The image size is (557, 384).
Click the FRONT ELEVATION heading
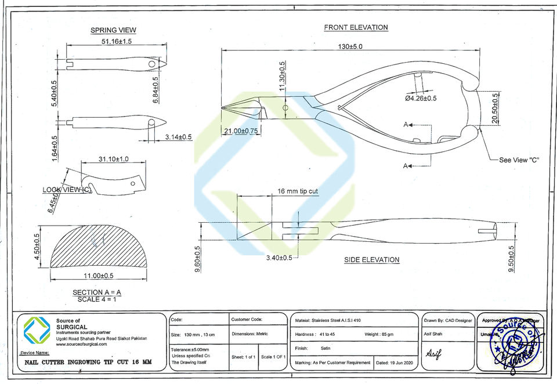[356, 27]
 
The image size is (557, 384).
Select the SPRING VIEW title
[113, 30]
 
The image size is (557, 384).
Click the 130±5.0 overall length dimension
[351, 46]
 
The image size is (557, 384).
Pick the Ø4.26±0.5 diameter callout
[421, 98]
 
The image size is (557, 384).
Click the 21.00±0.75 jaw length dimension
[241, 131]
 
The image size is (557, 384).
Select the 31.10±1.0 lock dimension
[114, 158]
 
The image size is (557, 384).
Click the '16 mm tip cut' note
[298, 191]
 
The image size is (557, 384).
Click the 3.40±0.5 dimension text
[279, 257]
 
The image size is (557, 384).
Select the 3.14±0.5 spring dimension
[178, 137]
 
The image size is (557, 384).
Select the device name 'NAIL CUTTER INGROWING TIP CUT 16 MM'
[88, 362]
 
